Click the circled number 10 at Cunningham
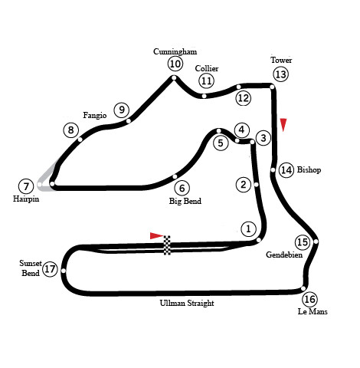(175, 64)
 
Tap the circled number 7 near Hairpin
(26, 186)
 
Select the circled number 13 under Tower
(280, 74)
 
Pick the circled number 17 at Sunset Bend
(50, 269)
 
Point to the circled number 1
(248, 228)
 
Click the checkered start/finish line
(167, 245)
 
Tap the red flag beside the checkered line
(156, 235)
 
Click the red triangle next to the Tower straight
(283, 125)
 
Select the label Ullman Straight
(187, 303)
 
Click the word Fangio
(95, 116)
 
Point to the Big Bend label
(185, 201)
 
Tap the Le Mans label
(313, 311)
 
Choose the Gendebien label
(284, 255)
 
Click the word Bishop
(309, 169)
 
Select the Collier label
(207, 68)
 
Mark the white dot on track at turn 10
(174, 77)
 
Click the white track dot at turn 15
(316, 242)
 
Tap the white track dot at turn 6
(175, 176)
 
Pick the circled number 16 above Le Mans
(310, 299)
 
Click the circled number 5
(221, 143)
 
